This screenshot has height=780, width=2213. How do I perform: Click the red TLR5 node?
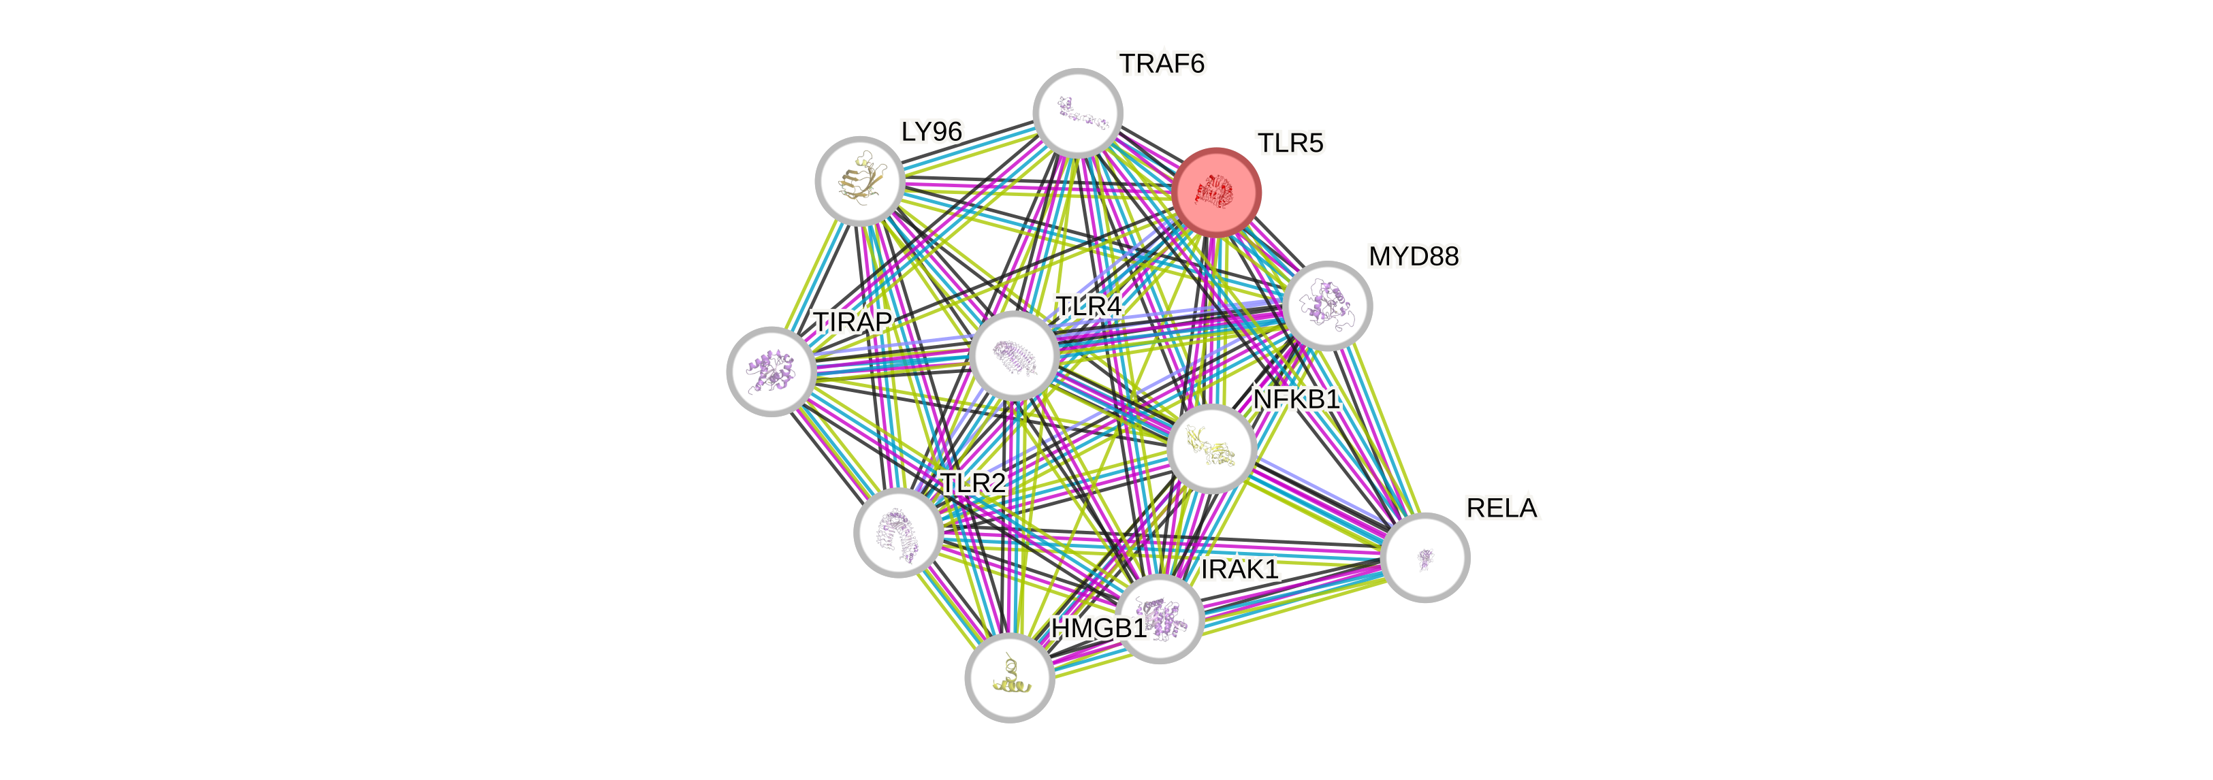(1216, 193)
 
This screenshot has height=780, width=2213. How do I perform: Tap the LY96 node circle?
(858, 181)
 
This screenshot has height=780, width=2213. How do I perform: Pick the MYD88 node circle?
(1327, 306)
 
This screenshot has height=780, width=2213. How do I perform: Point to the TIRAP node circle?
(771, 371)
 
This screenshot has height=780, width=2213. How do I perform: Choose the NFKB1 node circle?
(1211, 449)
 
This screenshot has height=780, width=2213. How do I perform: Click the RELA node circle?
(1426, 557)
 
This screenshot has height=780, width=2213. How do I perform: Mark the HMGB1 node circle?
(1009, 678)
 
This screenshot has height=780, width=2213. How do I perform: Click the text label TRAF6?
(1162, 63)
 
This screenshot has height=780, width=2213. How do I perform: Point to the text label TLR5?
(1290, 144)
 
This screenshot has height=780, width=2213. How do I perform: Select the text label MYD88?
(1413, 257)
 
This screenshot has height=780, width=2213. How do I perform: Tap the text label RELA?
(1501, 508)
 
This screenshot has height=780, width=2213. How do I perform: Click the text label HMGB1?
(1098, 629)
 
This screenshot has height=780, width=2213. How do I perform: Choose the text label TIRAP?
(853, 322)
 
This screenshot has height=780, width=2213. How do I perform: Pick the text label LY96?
(932, 132)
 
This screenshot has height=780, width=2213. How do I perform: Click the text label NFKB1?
(1296, 400)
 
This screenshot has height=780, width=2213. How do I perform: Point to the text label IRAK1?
(1240, 570)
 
